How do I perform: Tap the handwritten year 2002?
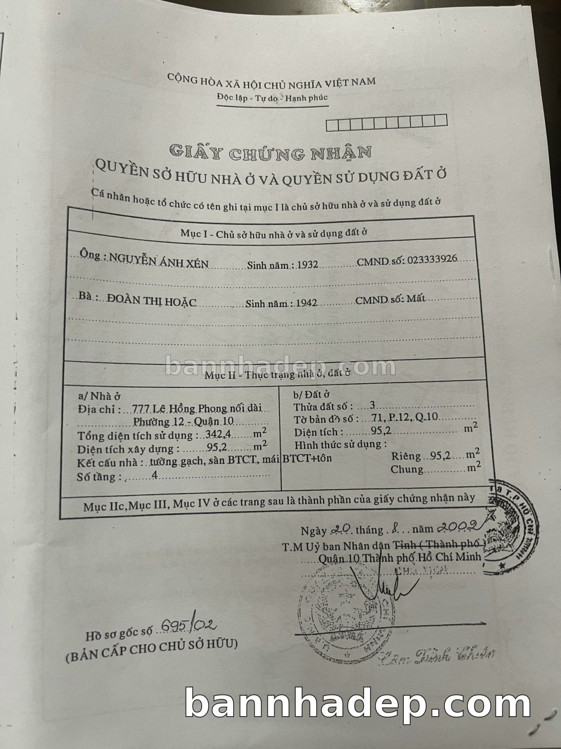(x=457, y=525)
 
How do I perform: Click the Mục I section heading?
(x=273, y=233)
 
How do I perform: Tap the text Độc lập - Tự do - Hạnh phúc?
(x=272, y=98)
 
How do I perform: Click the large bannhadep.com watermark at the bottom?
(x=358, y=703)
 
